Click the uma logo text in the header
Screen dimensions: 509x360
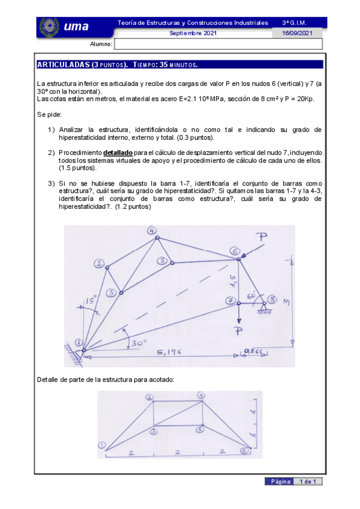76,26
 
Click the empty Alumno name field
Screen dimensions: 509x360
218,44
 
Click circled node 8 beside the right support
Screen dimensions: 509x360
273,299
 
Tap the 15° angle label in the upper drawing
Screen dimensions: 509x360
90,300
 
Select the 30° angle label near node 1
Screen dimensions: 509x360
138,343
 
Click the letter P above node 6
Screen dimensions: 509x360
263,237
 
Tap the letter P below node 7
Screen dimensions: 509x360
239,331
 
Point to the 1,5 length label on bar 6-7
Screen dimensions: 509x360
244,277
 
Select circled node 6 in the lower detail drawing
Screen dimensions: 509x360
244,451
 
